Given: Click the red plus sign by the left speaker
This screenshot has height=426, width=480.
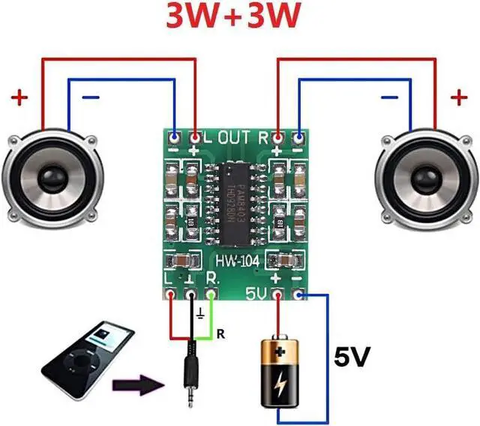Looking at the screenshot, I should tap(20, 97).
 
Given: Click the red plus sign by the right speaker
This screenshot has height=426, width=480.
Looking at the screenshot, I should tap(457, 97).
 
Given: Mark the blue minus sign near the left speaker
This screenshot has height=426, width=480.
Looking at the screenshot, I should tap(89, 98).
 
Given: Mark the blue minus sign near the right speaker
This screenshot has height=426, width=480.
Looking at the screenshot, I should tap(389, 97).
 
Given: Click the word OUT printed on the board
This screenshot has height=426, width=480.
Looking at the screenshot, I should tap(233, 138).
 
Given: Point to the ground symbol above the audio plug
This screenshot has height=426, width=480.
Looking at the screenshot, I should tap(200, 313).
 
